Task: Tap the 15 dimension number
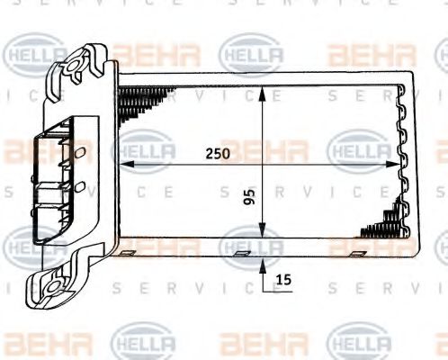(284, 281)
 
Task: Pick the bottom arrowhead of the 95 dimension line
(262, 243)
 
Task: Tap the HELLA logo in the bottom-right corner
(359, 343)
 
